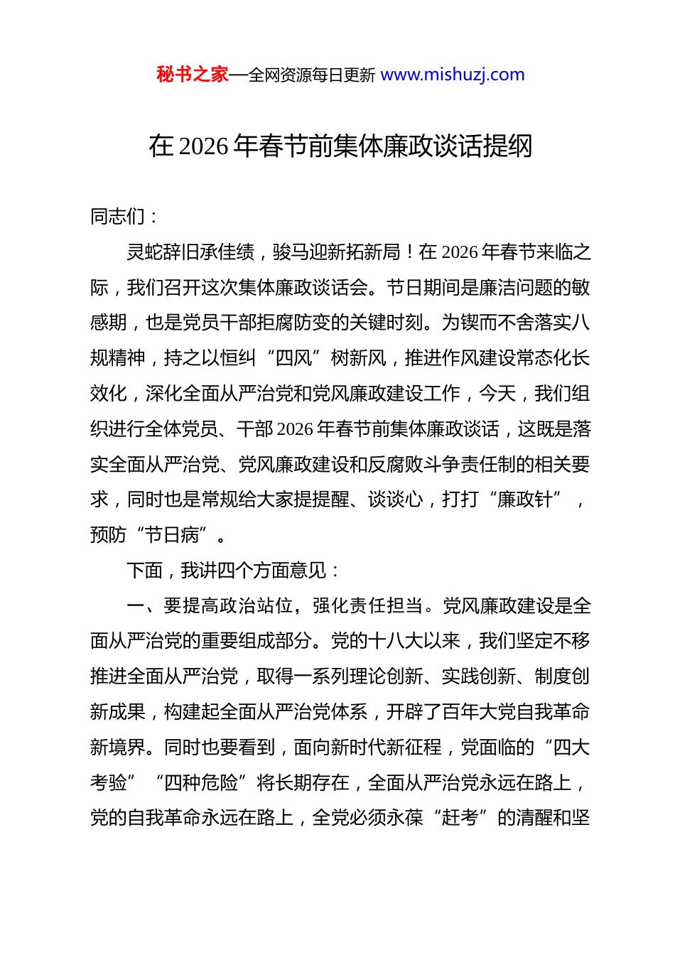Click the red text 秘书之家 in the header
[192, 75]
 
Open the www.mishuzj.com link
[453, 75]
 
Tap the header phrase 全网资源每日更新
[311, 75]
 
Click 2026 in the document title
[203, 146]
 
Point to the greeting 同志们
[118, 216]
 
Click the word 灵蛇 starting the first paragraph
[145, 252]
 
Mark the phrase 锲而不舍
[497, 323]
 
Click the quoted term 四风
[293, 358]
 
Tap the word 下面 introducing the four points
[145, 571]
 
